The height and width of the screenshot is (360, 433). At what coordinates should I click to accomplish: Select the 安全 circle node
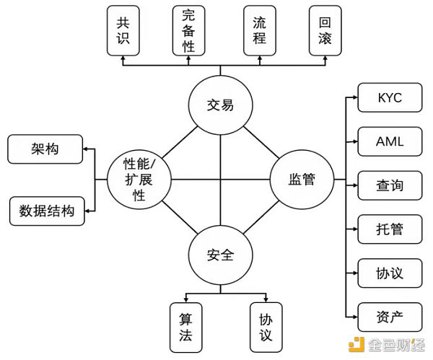coord(220,255)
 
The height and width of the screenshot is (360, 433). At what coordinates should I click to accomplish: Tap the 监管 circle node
coord(302,180)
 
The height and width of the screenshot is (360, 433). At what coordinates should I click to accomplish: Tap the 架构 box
coord(45,150)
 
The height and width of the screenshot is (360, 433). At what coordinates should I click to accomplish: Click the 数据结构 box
coord(46,211)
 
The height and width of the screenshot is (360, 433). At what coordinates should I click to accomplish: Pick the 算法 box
coord(185,325)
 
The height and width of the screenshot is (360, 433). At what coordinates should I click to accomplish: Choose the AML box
coord(390,142)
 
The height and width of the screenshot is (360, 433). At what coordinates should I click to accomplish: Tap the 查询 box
coord(390,185)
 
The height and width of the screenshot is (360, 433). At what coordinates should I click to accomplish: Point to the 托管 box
coord(390,229)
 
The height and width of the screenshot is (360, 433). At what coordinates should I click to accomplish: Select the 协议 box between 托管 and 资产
coord(390,273)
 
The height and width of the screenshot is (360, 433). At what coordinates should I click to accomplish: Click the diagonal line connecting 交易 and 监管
coord(261,142)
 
